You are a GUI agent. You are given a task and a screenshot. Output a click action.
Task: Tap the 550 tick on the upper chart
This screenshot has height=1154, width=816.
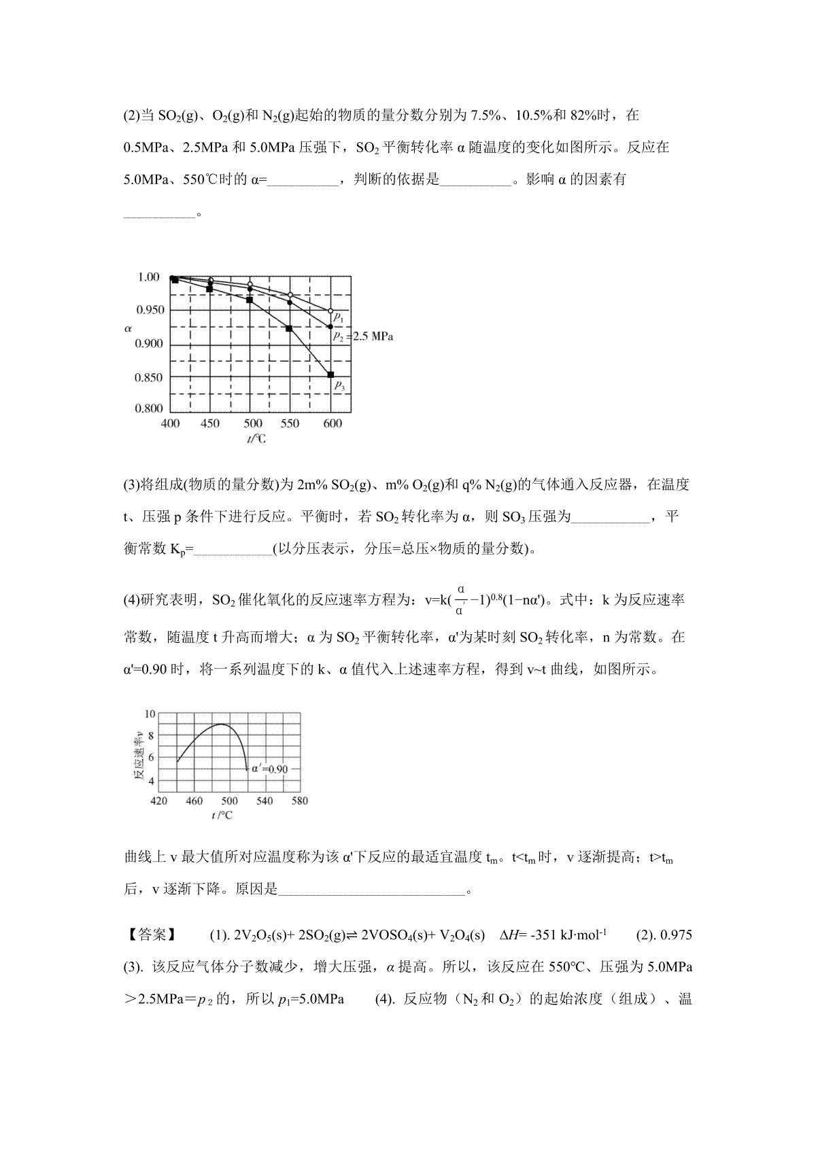point(290,423)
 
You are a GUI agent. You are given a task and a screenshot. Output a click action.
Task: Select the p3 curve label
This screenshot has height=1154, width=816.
point(339,386)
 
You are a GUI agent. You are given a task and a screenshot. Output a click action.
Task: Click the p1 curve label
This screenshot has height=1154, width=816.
point(339,317)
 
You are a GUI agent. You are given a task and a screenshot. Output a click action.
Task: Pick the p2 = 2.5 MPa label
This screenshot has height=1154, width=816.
point(362,336)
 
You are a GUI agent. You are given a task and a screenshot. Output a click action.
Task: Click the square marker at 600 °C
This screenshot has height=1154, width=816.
point(331,374)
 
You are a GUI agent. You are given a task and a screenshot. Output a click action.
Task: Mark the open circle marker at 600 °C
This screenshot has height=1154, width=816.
point(330,311)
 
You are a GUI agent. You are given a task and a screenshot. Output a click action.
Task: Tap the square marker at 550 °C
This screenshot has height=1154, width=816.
point(289,328)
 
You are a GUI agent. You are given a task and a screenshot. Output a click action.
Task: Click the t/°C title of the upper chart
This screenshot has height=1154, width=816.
point(256,439)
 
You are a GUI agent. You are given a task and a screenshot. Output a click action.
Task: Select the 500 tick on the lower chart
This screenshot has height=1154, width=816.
point(229,801)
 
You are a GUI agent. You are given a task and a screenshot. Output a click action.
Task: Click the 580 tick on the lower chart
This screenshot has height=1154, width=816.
point(299,801)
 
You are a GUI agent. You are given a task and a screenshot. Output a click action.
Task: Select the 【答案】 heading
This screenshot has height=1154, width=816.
point(150,935)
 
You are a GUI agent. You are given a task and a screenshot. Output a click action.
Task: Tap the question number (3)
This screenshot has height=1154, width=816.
point(131,485)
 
